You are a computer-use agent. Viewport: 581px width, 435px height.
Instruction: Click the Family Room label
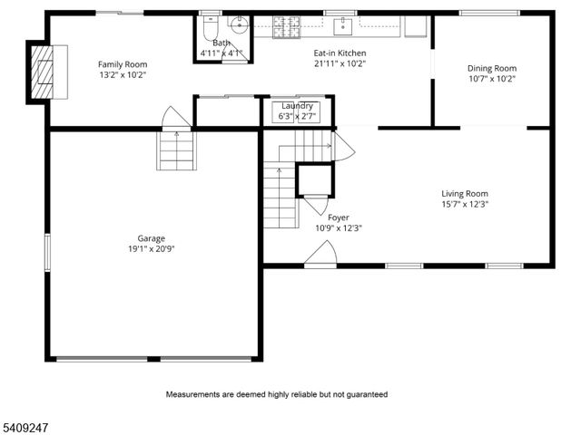click(x=123, y=64)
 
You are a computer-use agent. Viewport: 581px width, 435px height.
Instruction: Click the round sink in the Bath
click(x=238, y=25)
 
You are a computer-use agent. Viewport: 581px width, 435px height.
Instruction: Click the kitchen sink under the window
click(x=344, y=26)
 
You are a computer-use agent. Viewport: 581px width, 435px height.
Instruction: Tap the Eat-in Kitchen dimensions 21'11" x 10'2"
click(x=340, y=64)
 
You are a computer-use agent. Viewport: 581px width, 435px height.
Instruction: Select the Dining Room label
click(x=492, y=68)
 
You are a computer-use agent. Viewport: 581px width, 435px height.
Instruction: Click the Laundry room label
click(x=297, y=106)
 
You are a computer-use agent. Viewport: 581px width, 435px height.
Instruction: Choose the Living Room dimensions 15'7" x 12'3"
click(x=465, y=204)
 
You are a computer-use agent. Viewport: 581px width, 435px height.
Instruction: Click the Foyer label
click(x=338, y=217)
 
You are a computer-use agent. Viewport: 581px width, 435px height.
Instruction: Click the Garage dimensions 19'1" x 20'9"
click(x=151, y=248)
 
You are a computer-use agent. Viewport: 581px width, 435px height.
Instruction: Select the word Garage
click(x=151, y=238)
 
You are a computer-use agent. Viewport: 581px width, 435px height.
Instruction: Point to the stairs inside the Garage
click(x=176, y=150)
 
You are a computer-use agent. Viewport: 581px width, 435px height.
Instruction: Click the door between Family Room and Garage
click(x=174, y=119)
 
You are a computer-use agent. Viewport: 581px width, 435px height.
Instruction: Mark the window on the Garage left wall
click(x=48, y=251)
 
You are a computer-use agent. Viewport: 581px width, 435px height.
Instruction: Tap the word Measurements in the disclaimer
click(x=193, y=394)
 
